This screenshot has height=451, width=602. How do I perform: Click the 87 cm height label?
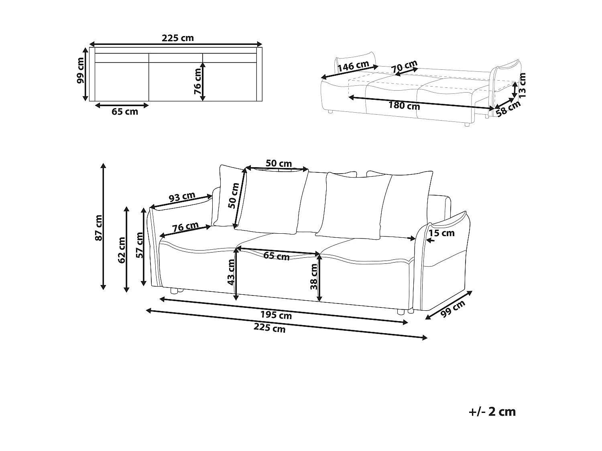[99, 228]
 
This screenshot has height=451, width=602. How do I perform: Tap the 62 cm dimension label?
[122, 250]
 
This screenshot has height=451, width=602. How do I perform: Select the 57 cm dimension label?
[140, 245]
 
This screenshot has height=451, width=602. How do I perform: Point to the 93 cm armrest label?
[182, 197]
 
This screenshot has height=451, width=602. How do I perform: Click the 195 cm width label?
[276, 315]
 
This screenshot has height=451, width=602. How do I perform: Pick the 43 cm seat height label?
[231, 272]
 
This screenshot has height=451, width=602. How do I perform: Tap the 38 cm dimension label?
[313, 277]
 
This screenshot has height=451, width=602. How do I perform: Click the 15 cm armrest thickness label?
[441, 233]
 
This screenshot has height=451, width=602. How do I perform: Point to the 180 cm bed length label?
[404, 105]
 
